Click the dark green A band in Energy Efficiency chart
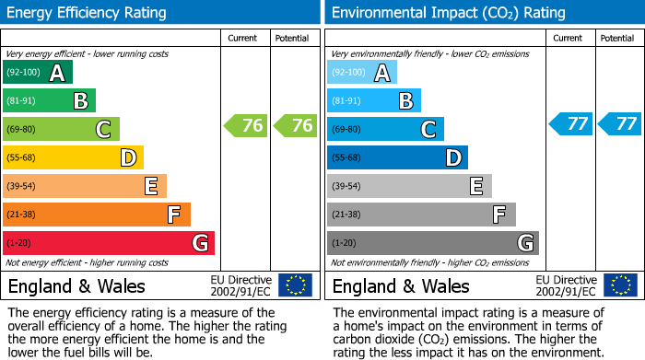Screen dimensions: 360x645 (x=38, y=73)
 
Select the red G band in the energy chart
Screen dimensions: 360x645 (x=109, y=243)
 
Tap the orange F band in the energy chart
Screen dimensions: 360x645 (x=97, y=215)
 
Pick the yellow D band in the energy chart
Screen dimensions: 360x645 (x=74, y=157)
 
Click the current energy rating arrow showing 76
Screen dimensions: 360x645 (x=245, y=125)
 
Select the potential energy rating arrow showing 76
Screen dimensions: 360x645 (x=294, y=125)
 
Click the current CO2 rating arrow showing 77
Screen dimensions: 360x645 (x=570, y=123)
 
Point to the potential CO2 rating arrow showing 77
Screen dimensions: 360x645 (x=619, y=123)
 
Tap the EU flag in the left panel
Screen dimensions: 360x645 (x=295, y=285)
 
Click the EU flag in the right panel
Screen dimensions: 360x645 (x=620, y=285)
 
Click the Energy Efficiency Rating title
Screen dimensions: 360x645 (x=88, y=13)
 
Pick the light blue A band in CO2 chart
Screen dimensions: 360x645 (x=362, y=73)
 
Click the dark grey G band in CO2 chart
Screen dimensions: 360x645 (x=433, y=243)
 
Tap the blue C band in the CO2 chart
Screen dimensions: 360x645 (x=386, y=129)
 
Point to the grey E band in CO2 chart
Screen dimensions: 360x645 (x=410, y=186)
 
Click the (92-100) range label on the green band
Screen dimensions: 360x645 (x=23, y=73)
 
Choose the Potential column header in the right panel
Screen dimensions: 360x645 (x=617, y=38)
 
